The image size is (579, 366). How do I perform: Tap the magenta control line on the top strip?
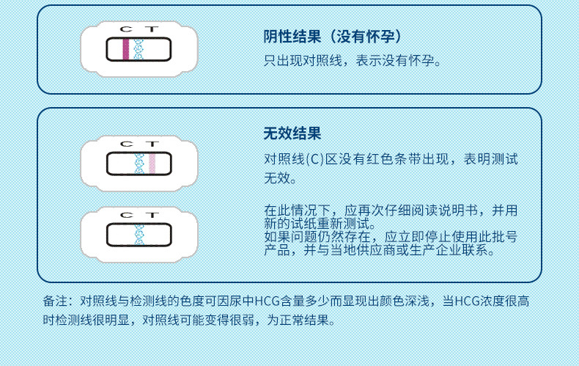click(125, 49)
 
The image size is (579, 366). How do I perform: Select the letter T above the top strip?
click(151, 29)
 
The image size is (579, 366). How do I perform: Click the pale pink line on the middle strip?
click(152, 163)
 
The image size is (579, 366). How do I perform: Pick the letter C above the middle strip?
click(125, 143)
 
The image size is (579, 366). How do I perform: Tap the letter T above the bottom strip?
click(151, 215)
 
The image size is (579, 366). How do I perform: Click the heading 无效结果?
click(292, 133)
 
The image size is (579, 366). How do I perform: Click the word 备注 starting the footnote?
click(55, 301)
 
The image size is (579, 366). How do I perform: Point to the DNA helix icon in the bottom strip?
click(139, 234)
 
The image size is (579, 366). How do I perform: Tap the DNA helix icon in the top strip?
click(139, 49)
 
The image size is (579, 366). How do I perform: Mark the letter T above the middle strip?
click(151, 143)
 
